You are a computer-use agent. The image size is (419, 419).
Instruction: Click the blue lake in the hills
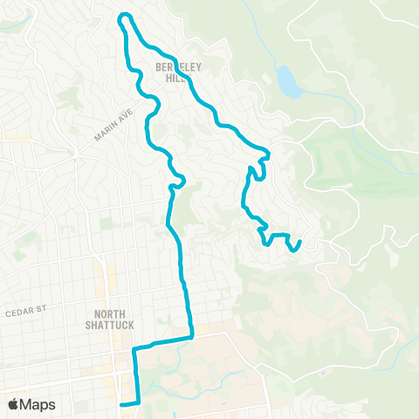(285, 81)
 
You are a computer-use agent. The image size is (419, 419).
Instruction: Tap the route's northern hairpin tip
(125, 15)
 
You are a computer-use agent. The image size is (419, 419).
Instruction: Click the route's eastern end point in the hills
(300, 242)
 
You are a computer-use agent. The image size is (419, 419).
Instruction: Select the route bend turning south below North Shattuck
(134, 348)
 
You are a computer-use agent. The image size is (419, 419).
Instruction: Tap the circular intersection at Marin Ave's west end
(77, 154)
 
